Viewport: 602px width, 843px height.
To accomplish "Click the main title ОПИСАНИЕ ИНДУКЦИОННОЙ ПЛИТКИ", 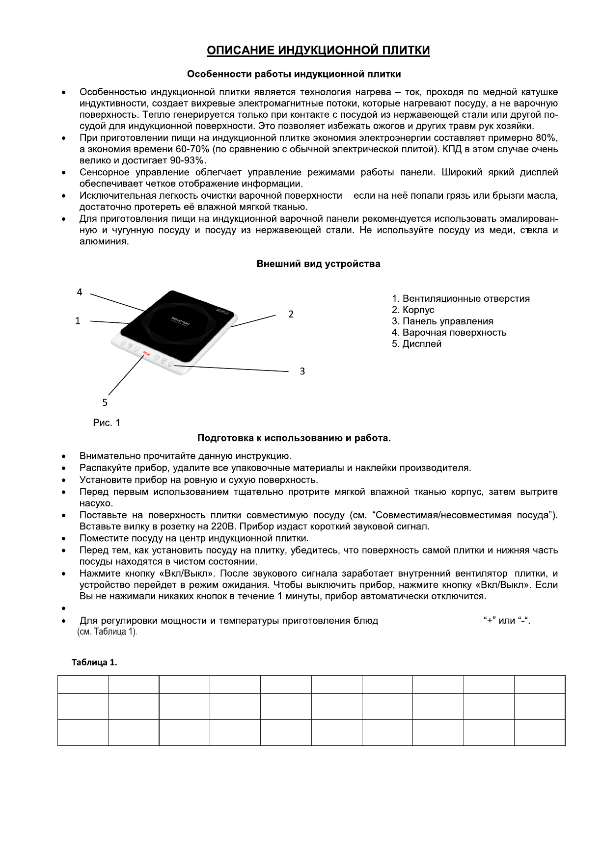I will (318, 51).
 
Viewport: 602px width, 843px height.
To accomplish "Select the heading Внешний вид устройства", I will (319, 264).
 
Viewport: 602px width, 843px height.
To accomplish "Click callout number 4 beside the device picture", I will (80, 292).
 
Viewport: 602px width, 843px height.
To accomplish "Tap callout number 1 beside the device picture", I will (77, 321).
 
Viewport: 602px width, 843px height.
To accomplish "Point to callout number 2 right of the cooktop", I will (291, 314).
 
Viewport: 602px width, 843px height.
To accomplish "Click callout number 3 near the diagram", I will (302, 371).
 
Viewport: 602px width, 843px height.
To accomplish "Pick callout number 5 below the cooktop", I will (105, 402).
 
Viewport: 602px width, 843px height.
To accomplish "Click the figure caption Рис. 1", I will (107, 422).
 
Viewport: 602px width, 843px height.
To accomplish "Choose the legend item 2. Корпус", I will (413, 310).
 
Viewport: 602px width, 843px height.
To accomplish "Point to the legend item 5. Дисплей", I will (416, 344).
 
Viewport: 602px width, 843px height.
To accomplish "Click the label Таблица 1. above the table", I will (95, 662).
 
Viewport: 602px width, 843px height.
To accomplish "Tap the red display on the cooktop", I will (146, 353).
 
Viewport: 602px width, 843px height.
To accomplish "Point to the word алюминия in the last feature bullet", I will (104, 241).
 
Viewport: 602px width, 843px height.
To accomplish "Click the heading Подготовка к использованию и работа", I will (294, 438).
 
